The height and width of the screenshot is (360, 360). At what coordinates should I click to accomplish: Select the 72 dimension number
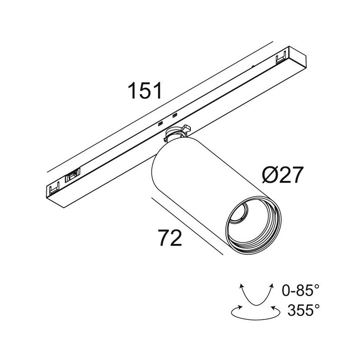170,237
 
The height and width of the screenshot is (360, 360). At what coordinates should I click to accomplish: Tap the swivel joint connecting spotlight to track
177,133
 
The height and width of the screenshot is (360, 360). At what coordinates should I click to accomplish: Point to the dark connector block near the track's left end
73,175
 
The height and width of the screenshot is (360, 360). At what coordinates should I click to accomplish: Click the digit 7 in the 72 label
163,237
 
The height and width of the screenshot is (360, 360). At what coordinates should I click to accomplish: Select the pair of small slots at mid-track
166,119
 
